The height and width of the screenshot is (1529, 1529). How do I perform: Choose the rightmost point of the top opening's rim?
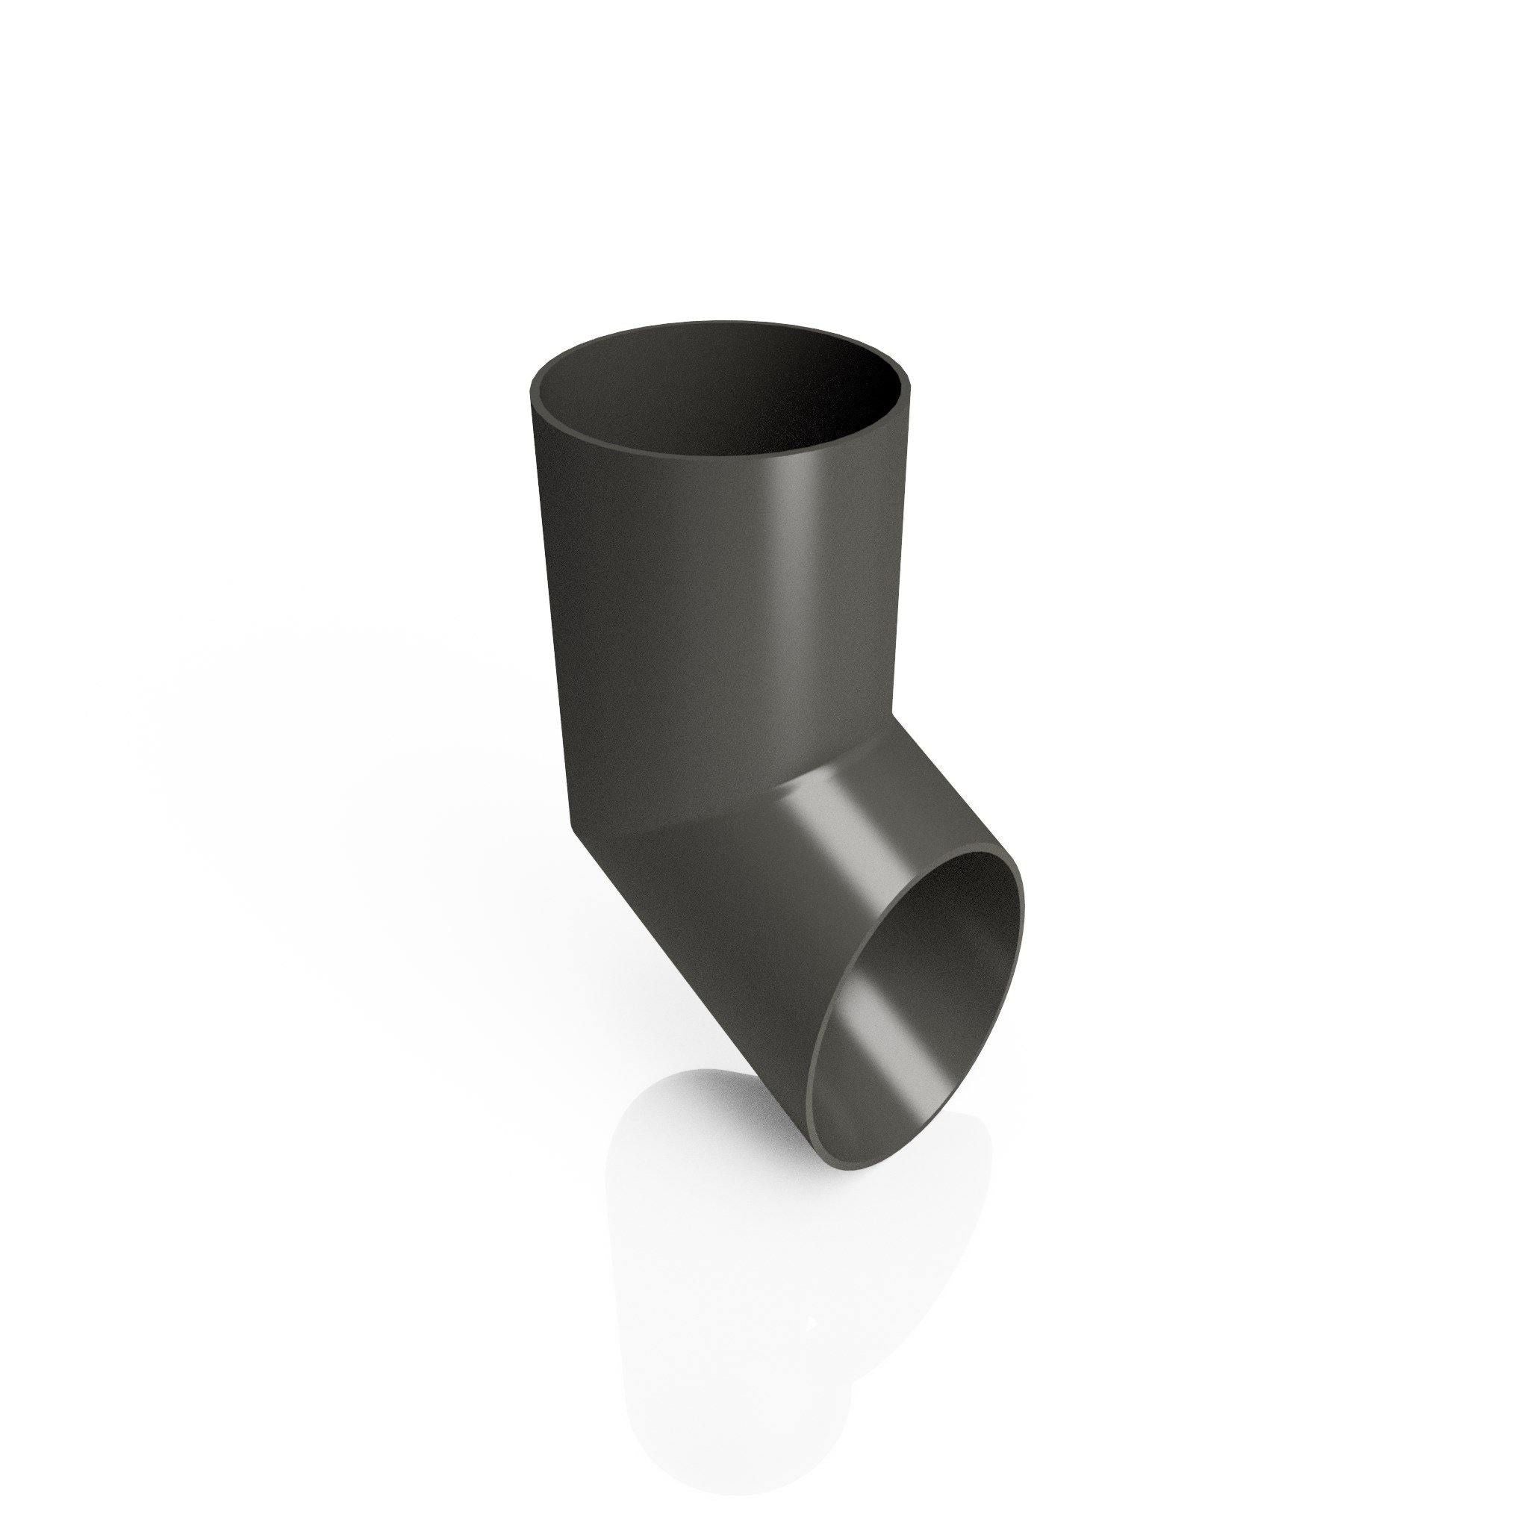pos(920,392)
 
